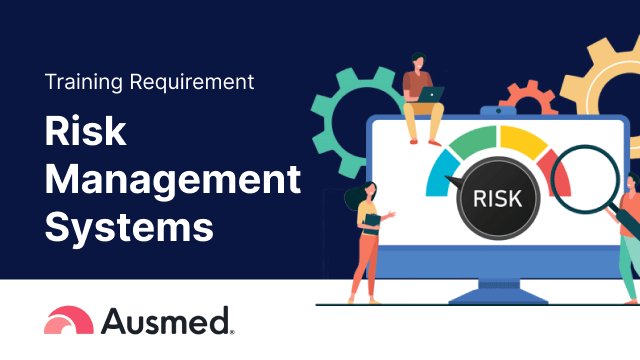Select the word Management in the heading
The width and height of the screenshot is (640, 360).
point(173,182)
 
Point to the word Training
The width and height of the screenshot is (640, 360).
point(83,83)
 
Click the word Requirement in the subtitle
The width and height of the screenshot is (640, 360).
point(195,84)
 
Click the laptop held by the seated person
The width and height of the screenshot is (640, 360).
point(431,94)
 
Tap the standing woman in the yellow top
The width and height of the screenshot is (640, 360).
point(365,240)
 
